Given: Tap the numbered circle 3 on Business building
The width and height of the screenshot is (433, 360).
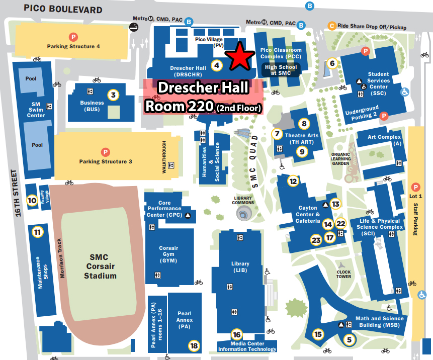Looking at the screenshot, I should tap(114, 95).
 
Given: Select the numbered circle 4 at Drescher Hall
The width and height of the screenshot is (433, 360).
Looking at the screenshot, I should tap(217, 65).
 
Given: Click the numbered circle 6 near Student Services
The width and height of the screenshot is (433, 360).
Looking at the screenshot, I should tap(331, 63).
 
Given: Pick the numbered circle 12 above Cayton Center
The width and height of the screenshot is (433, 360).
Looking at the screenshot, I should tap(293, 181).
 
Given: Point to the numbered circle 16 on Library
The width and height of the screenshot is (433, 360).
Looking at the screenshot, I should tap(237, 334).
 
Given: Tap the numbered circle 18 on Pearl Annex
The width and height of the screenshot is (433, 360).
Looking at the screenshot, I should tap(194, 345).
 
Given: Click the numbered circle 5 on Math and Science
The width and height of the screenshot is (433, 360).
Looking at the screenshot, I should tap(350, 339).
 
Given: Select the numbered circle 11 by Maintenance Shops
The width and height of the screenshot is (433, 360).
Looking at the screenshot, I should tap(37, 232).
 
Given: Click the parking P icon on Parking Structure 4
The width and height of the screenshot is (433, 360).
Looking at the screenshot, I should tap(73, 36).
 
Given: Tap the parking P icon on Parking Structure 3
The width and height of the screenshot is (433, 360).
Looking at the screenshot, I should tap(106, 151).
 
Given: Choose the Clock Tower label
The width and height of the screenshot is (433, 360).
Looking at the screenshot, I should tap(343, 274).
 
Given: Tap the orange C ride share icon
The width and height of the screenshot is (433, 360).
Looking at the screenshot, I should tap(331, 26).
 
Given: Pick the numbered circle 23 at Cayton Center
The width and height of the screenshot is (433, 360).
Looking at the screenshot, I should tap(316, 240).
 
